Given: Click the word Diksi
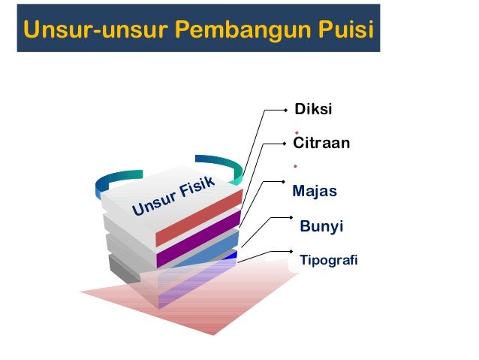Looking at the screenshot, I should pos(314,110).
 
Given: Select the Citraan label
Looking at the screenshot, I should pos(322,142).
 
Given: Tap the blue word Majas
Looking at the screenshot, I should pos(314,192).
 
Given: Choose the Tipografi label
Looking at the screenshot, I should pos(328,261).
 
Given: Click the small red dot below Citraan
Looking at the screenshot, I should pos(296,165).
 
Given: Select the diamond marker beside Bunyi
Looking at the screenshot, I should pos(289,217).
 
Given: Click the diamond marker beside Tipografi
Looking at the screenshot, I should pos(289,250).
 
